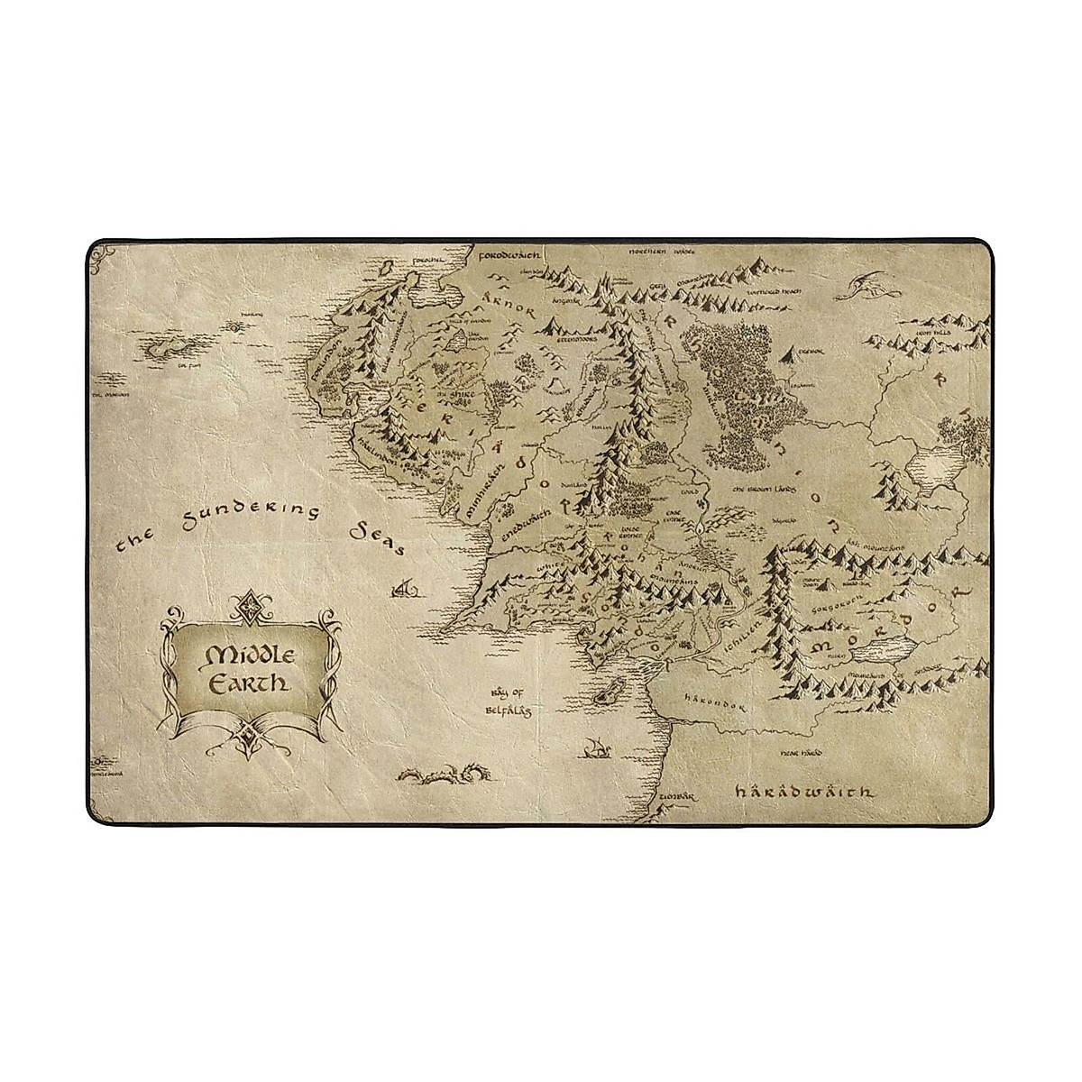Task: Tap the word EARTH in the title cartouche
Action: (x=246, y=683)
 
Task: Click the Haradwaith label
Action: (x=802, y=792)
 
